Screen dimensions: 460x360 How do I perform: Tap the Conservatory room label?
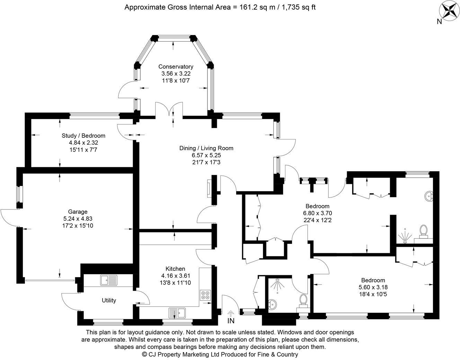176,66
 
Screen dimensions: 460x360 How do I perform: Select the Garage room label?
78,211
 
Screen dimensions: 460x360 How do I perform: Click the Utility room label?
109,300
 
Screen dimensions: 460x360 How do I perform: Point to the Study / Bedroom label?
83,136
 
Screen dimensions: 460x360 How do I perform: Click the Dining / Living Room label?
206,148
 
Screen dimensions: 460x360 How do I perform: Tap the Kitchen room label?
175,269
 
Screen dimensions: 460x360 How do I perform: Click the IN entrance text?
231,321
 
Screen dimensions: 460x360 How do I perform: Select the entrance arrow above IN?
231,313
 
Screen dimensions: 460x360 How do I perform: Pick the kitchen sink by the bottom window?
177,313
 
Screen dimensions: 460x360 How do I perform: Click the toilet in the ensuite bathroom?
423,231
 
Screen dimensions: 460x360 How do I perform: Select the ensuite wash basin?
428,196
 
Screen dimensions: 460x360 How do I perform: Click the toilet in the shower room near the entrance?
303,300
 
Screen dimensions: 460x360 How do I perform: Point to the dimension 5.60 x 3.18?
373,287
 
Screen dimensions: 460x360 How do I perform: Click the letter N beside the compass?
439,21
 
